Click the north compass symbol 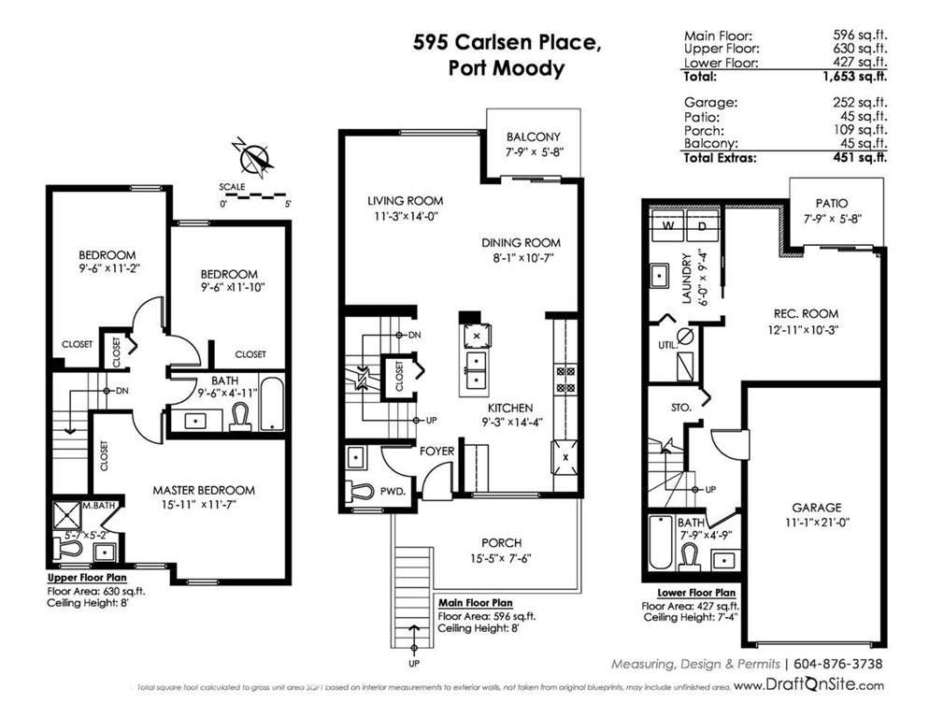click(255, 157)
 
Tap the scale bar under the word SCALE click(254, 195)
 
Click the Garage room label click(817, 508)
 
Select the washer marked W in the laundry click(667, 225)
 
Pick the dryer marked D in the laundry click(702, 225)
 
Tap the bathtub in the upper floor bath click(272, 403)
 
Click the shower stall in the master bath click(66, 515)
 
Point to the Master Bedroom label click(204, 490)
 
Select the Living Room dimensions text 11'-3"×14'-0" click(406, 216)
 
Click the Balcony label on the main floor click(534, 136)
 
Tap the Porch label click(501, 542)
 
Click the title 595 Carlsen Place click(507, 42)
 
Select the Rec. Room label click(806, 313)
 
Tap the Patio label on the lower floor click(832, 204)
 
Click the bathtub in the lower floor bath click(661, 542)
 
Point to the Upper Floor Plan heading click(87, 578)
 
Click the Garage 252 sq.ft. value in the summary click(860, 102)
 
